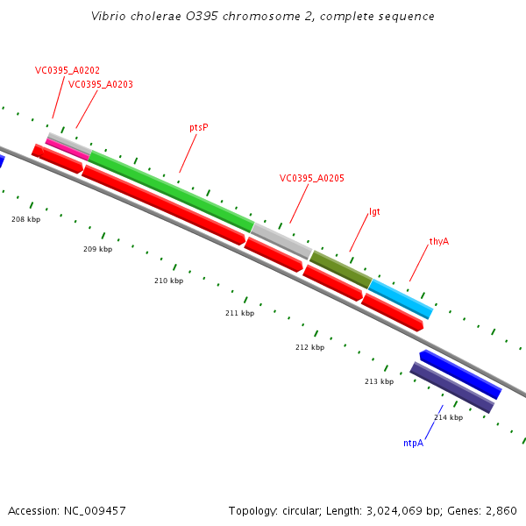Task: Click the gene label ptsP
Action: [199, 127]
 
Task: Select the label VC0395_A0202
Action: [68, 70]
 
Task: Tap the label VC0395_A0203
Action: [101, 84]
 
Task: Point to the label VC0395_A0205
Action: [312, 178]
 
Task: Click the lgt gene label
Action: [374, 212]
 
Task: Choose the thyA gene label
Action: [439, 241]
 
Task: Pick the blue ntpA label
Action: [413, 443]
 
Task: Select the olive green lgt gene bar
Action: [340, 269]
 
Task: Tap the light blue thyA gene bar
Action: [401, 298]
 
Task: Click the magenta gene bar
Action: [67, 149]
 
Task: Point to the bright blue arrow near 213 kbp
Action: [460, 373]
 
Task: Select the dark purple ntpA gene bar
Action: [451, 387]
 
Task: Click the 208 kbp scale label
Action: [25, 219]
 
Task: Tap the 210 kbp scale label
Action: [168, 281]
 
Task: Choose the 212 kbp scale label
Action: [309, 347]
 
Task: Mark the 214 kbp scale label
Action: [448, 417]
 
